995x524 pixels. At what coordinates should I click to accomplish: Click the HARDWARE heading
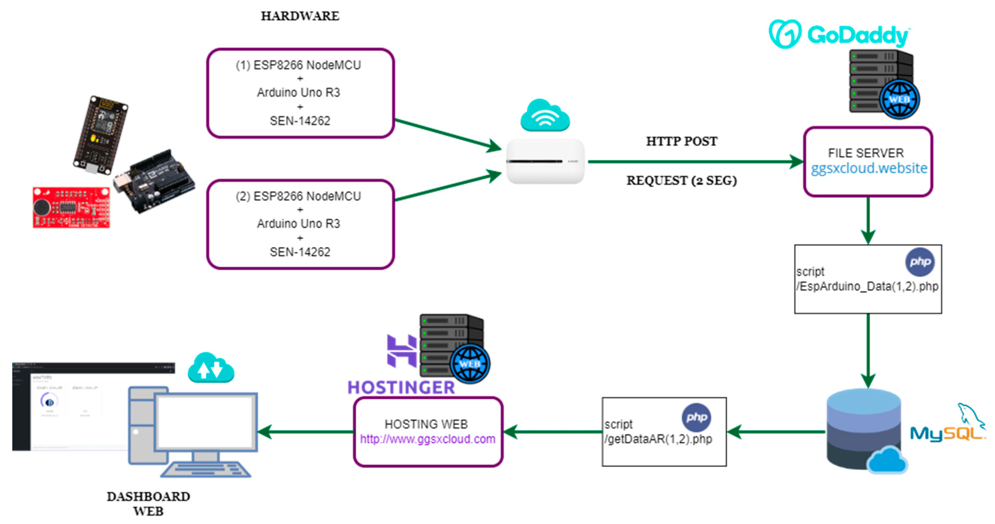(x=300, y=16)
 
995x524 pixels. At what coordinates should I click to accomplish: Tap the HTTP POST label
(x=682, y=141)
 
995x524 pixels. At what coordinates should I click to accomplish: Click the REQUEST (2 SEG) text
(x=682, y=181)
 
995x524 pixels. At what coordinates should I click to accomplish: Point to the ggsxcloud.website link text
(x=869, y=168)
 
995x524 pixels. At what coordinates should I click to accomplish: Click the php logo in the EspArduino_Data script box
(x=920, y=262)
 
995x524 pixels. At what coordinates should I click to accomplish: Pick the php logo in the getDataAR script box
(x=696, y=417)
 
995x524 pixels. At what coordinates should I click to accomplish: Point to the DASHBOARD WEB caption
(x=148, y=504)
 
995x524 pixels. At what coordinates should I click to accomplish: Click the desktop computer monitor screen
(x=206, y=422)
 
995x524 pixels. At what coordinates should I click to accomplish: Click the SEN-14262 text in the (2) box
(x=300, y=252)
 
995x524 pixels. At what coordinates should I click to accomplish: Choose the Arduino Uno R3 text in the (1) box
(x=299, y=92)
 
